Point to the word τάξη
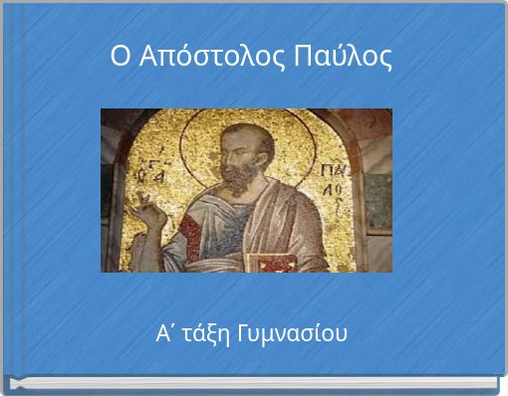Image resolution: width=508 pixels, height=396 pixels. [x=203, y=333]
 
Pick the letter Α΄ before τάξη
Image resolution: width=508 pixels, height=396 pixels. [x=165, y=332]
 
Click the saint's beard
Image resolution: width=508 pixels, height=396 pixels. [x=239, y=179]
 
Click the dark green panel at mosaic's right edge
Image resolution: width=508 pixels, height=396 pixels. [x=378, y=204]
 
